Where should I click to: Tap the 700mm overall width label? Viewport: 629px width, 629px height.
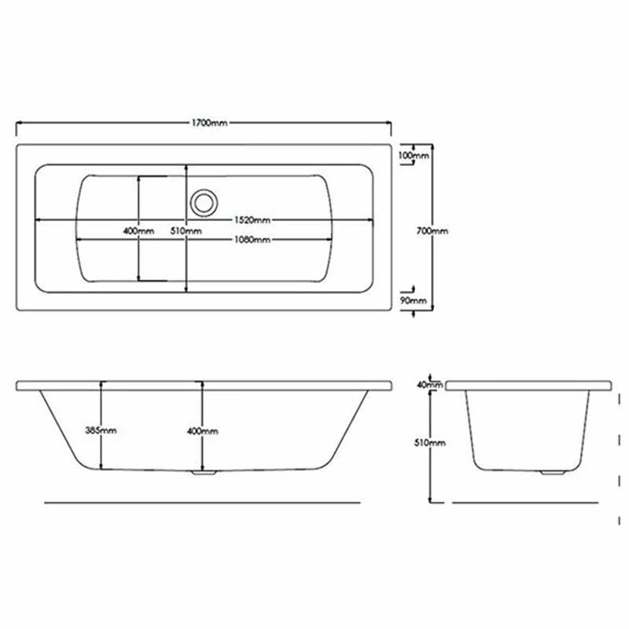coord(432,231)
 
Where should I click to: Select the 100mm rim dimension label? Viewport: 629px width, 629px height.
coord(414,156)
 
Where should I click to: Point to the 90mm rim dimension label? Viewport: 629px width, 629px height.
coord(414,300)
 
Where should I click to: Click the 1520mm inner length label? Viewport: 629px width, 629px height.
coord(251,219)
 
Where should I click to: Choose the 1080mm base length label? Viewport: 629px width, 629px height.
coord(251,239)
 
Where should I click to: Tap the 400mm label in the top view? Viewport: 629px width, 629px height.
coord(138,231)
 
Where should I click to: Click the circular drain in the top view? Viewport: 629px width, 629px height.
coord(204,201)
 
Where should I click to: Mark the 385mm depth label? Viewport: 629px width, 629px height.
coord(101,430)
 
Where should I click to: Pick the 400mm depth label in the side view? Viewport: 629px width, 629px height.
coord(203,431)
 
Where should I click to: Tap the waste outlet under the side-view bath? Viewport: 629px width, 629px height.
coord(204,473)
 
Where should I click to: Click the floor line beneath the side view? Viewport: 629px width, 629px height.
coord(203,502)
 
